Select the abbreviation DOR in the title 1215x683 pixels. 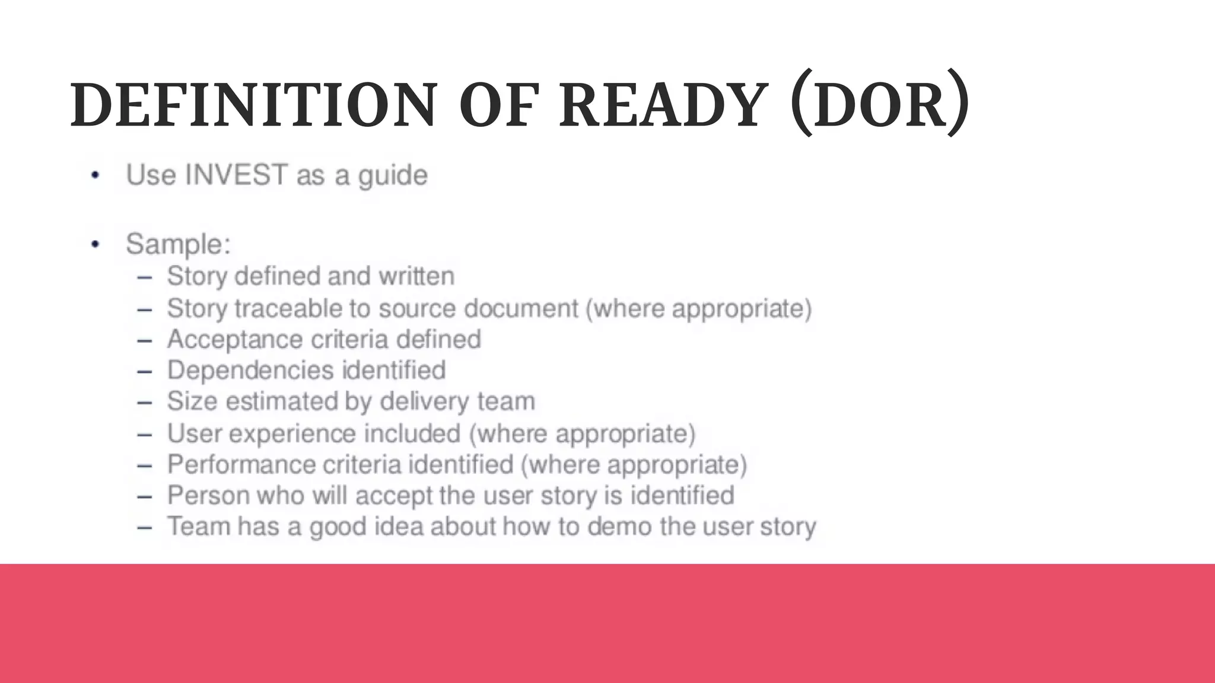pos(880,106)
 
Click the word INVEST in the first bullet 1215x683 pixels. pos(236,175)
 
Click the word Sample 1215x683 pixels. pos(176,244)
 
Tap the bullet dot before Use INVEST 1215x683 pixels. pos(96,175)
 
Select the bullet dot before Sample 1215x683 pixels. pos(96,244)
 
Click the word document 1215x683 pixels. pos(521,308)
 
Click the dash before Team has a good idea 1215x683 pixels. pos(144,527)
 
